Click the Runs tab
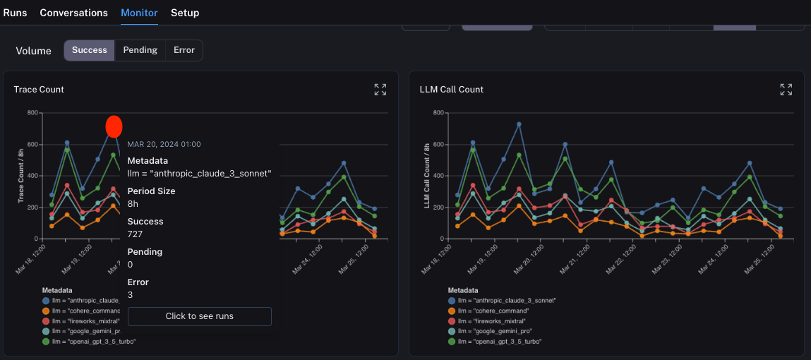[15, 13]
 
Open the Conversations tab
[73, 13]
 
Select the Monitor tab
[139, 13]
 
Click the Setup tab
[185, 13]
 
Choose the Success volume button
[90, 50]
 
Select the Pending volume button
[140, 50]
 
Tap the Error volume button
[184, 50]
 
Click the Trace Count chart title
[39, 90]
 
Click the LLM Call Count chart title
[451, 90]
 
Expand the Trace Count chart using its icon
[380, 90]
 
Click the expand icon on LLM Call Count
[786, 90]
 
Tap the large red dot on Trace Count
[114, 126]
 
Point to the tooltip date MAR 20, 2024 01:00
[164, 144]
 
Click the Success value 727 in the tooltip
[136, 233]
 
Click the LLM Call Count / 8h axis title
[428, 176]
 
